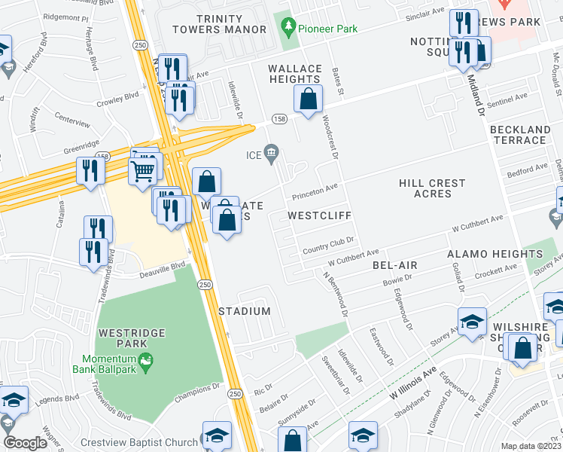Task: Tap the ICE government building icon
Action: pos(272,154)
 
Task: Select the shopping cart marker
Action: pos(142,171)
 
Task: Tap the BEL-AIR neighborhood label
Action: pos(394,266)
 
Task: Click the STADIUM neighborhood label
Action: pos(245,311)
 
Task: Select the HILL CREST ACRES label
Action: pos(432,188)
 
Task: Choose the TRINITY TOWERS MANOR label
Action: pos(219,24)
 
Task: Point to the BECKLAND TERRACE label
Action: pos(519,135)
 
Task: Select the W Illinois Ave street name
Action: pos(413,382)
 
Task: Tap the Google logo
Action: pos(25,443)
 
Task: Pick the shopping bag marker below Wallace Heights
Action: pos(309,98)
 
